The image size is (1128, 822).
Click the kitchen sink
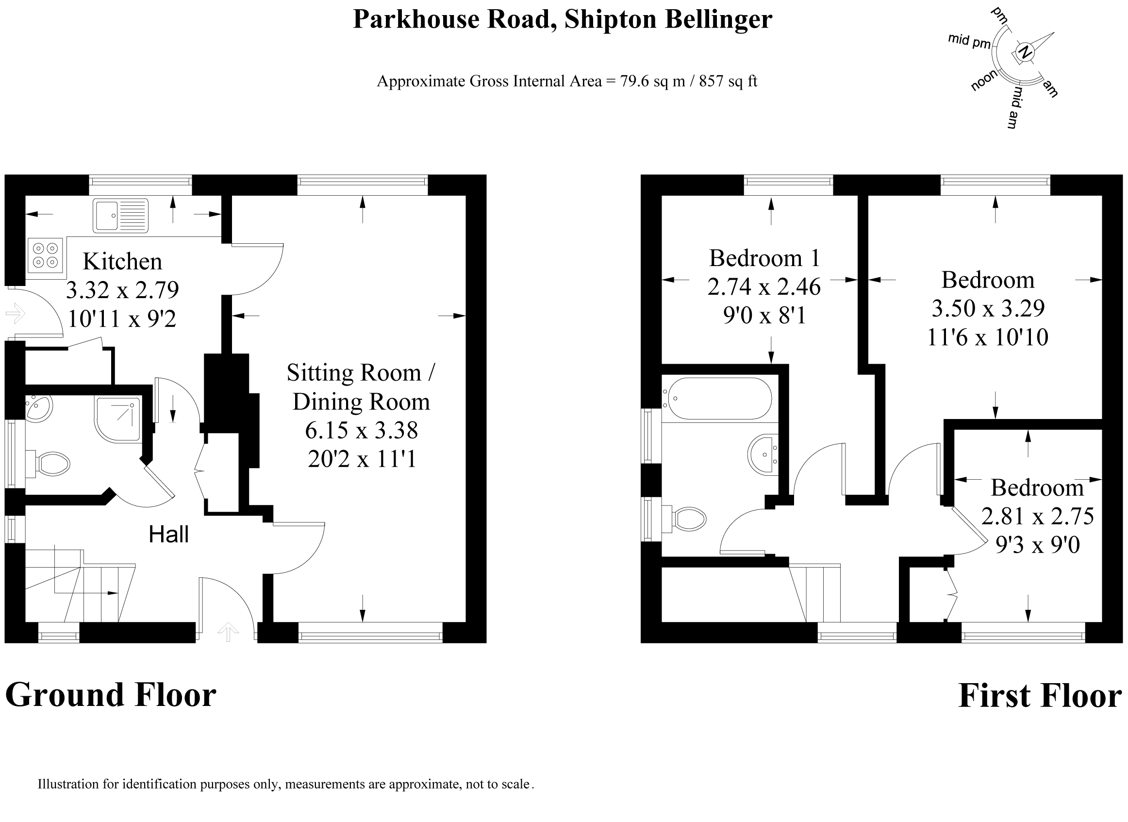120,216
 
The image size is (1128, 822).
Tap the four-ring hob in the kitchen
46,255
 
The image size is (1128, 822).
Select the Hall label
168,535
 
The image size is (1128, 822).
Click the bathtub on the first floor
719,399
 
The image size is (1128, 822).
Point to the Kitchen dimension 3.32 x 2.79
122,290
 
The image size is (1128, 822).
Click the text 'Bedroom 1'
764,258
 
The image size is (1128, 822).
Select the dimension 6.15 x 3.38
361,430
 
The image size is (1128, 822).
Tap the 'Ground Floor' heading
110,695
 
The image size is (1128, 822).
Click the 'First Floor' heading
1040,696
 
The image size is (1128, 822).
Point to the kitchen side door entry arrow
15,314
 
